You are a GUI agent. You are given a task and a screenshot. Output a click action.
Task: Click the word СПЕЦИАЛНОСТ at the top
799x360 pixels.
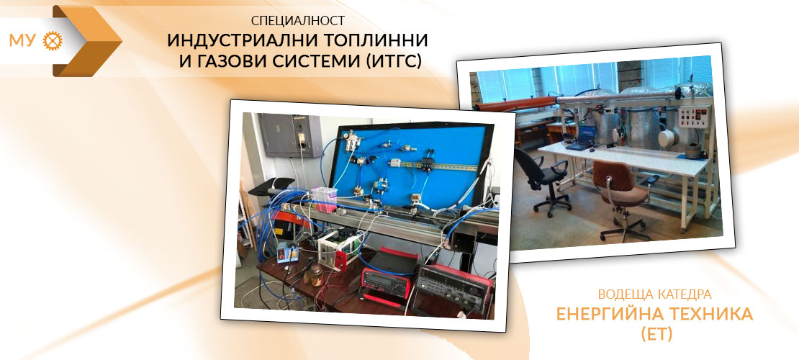click(297, 21)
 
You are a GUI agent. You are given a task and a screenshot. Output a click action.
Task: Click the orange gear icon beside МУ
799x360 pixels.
click(53, 40)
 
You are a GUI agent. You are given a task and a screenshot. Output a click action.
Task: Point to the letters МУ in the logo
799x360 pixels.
click(22, 41)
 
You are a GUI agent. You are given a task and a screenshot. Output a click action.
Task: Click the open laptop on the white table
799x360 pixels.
click(581, 138)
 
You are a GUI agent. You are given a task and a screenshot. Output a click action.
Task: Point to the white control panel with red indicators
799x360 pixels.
click(694, 117)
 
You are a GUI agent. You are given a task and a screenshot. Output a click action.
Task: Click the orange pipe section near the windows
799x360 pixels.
click(515, 104)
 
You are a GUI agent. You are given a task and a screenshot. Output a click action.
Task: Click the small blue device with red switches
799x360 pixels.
click(285, 253)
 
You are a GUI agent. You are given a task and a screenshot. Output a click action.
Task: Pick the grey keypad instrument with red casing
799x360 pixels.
click(453, 288)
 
